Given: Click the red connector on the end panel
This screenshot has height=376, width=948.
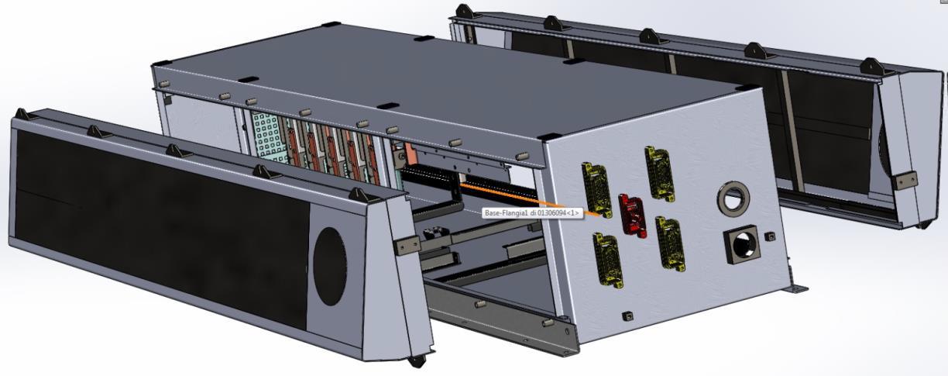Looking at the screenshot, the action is click(x=633, y=216).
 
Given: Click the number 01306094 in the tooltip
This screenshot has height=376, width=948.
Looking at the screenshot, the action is click(x=551, y=213).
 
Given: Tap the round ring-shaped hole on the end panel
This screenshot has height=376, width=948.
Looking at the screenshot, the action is click(x=733, y=198).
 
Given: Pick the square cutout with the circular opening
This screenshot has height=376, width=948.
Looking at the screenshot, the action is click(x=742, y=244).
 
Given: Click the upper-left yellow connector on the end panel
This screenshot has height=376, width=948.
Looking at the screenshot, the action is click(x=596, y=190).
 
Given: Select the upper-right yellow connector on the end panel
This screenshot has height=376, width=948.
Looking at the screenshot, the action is click(x=659, y=173).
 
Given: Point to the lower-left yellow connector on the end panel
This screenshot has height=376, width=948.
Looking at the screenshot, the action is click(x=608, y=260).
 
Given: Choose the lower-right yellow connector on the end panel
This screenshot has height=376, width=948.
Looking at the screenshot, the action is click(x=671, y=243).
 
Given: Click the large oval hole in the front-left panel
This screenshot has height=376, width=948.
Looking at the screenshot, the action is click(x=330, y=267).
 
